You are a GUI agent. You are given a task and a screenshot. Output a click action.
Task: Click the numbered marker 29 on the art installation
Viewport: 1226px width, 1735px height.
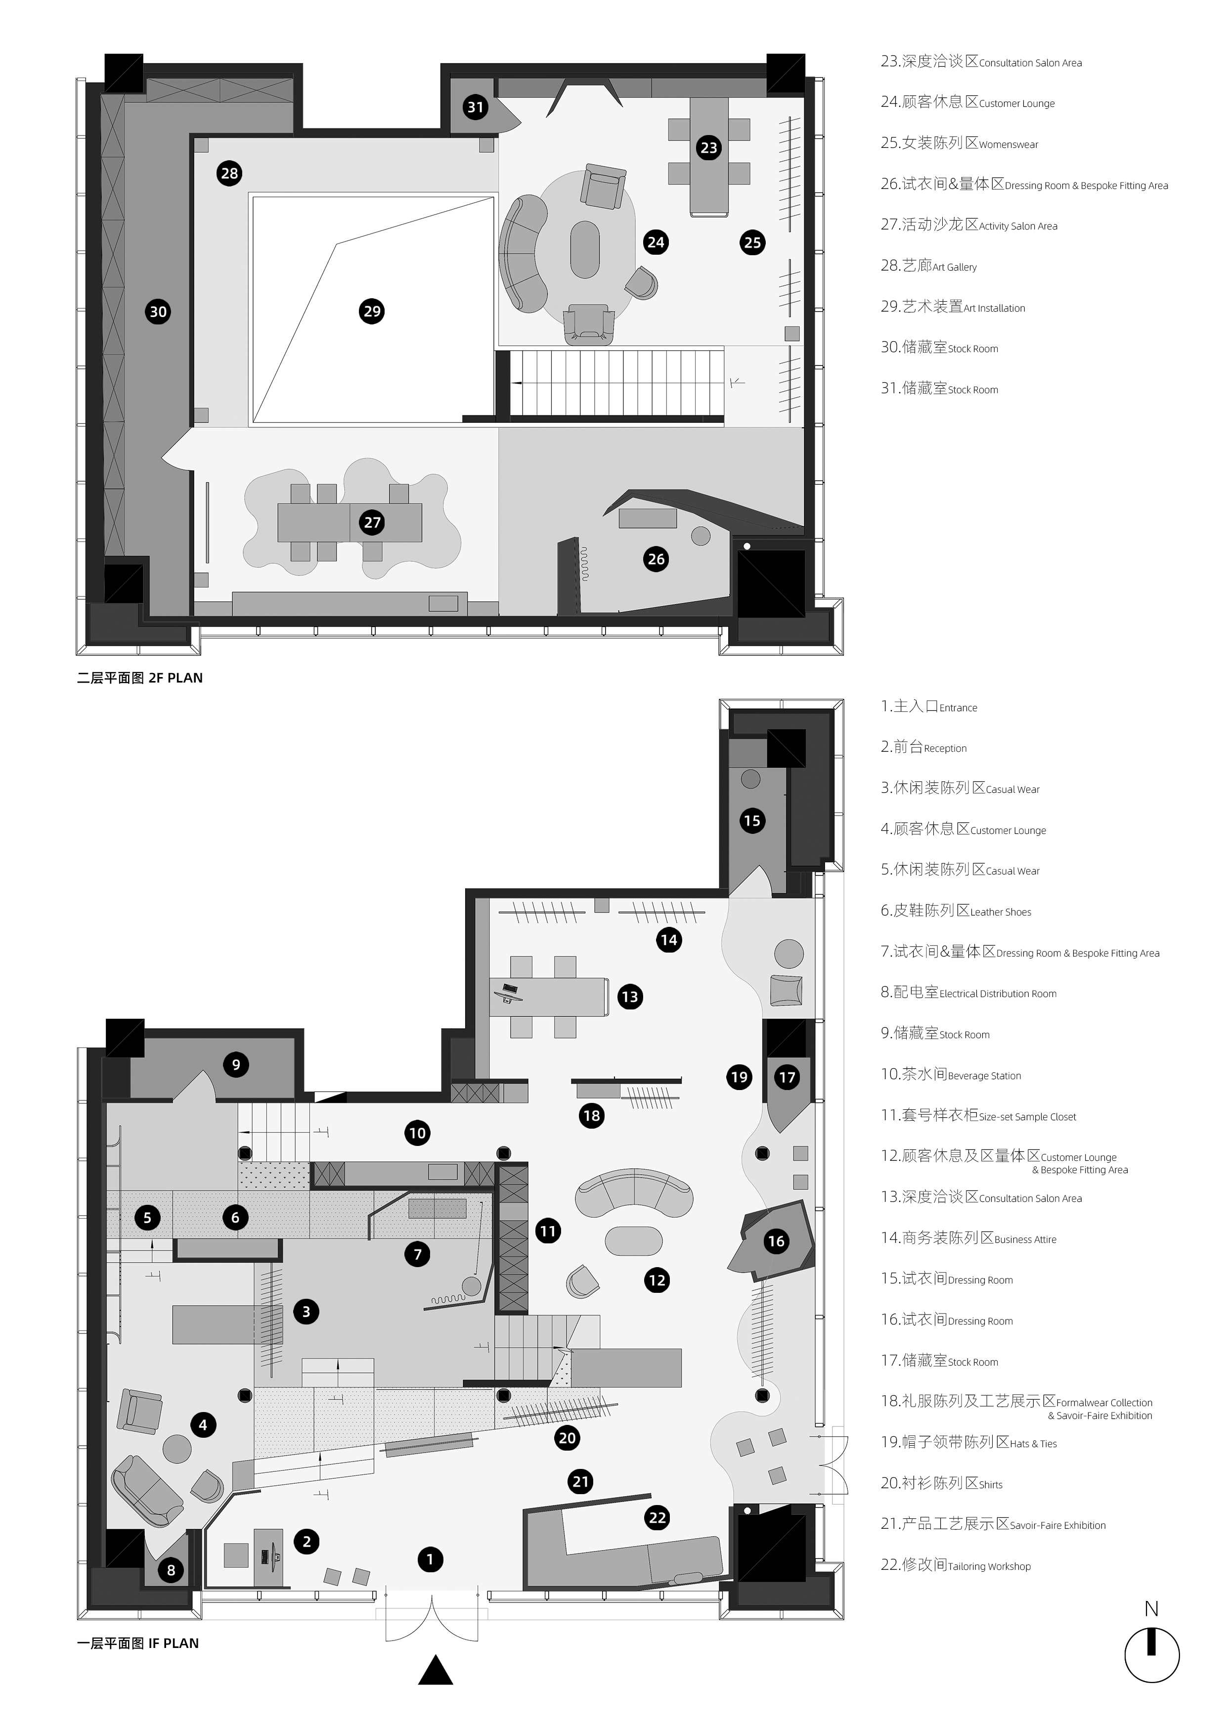point(372,311)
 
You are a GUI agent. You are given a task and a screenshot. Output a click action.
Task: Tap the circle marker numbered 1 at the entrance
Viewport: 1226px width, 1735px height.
point(430,1559)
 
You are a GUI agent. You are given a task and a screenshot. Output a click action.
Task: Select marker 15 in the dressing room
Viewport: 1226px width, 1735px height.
point(751,820)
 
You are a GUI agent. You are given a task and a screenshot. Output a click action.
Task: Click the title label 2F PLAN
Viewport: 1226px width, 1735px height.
point(175,678)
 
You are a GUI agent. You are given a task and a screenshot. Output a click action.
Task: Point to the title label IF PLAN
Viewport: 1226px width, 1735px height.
point(174,1643)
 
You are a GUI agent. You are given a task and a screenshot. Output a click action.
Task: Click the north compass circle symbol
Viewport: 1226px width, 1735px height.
point(1151,1654)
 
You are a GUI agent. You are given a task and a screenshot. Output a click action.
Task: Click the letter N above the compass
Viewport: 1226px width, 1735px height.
point(1151,1609)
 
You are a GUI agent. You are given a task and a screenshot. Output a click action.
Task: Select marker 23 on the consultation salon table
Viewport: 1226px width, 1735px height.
point(708,147)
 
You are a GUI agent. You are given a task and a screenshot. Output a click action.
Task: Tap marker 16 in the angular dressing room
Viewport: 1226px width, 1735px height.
point(776,1241)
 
